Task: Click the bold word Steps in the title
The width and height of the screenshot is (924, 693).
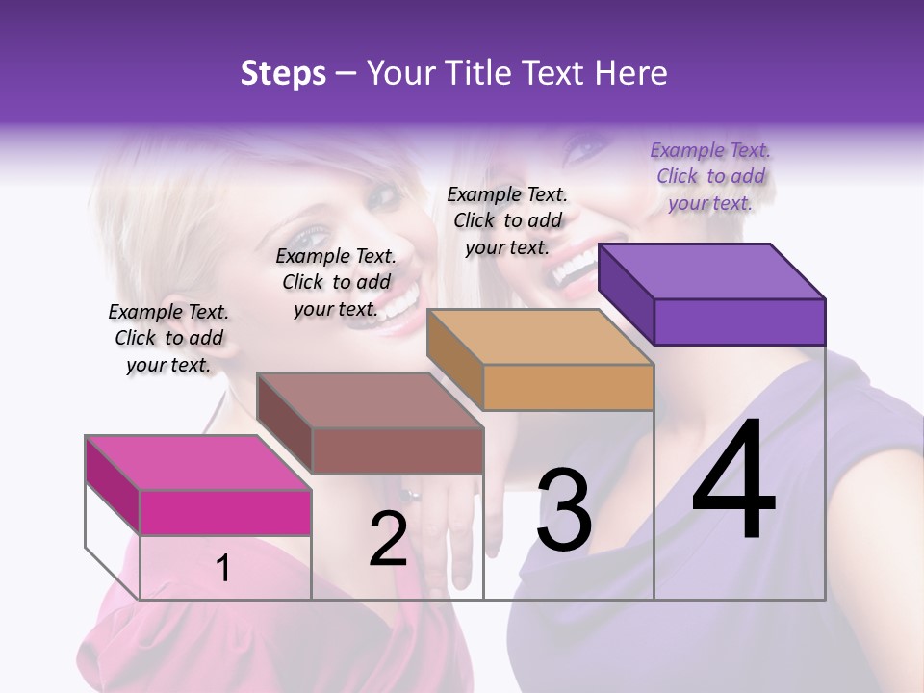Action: (283, 73)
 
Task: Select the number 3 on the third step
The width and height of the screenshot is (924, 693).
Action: (564, 510)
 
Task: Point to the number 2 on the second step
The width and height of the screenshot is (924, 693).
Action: (388, 539)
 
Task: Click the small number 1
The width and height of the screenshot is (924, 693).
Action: (222, 568)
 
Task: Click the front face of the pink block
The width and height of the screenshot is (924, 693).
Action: (225, 512)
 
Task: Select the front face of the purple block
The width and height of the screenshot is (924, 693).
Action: (739, 321)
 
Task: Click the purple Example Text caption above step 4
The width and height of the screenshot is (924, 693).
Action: (710, 176)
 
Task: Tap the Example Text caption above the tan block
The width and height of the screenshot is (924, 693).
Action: (507, 220)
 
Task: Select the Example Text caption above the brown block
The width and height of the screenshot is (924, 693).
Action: (336, 282)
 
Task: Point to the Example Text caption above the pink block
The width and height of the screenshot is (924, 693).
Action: (168, 338)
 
